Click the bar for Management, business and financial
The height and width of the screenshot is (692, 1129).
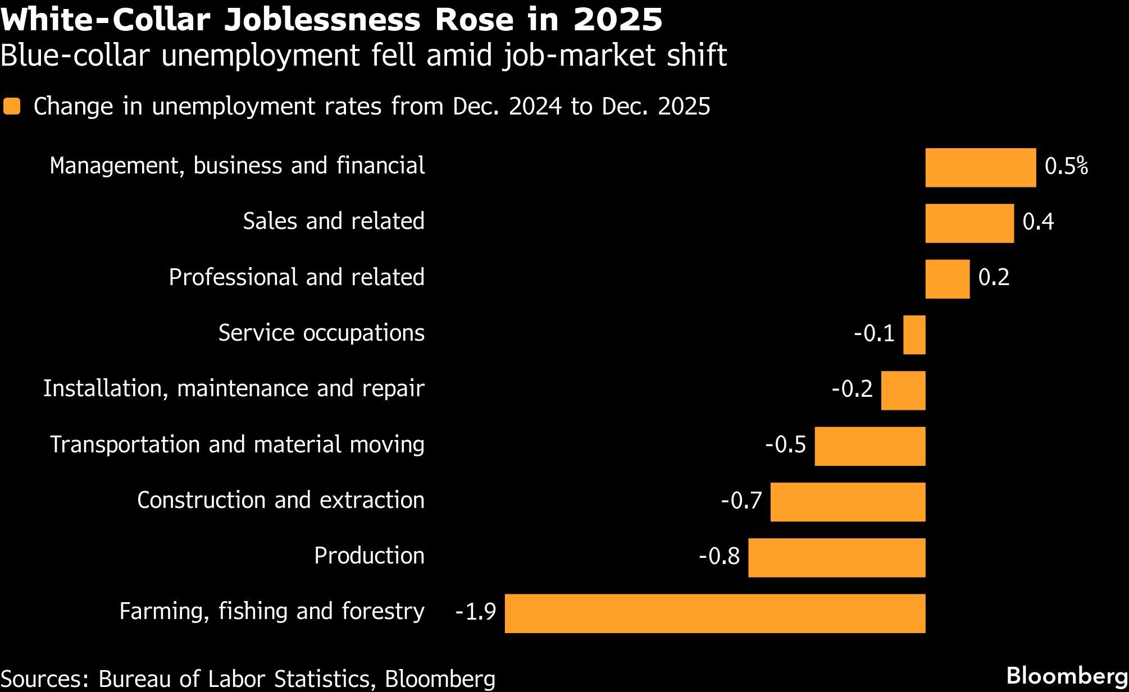pos(980,167)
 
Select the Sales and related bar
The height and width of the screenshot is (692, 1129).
pos(969,223)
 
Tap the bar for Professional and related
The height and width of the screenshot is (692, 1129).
pos(947,279)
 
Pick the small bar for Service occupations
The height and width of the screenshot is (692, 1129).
pos(914,334)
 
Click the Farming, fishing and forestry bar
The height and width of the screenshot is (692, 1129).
pos(714,613)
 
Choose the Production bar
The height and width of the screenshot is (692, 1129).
pos(836,557)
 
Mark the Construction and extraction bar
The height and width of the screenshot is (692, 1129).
pos(848,502)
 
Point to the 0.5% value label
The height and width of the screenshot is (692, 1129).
pos(1066,167)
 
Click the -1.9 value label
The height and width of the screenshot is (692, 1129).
pos(475,612)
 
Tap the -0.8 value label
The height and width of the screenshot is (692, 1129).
pos(719,556)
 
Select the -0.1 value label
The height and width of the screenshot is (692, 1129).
pos(874,333)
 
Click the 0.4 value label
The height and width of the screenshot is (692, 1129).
pos(1037,222)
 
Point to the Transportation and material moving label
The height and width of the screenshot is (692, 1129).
pos(237,444)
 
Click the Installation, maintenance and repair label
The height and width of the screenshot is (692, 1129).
pos(234,388)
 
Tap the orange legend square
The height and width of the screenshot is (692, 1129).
pos(12,107)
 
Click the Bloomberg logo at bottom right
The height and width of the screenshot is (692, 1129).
pos(1067,676)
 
